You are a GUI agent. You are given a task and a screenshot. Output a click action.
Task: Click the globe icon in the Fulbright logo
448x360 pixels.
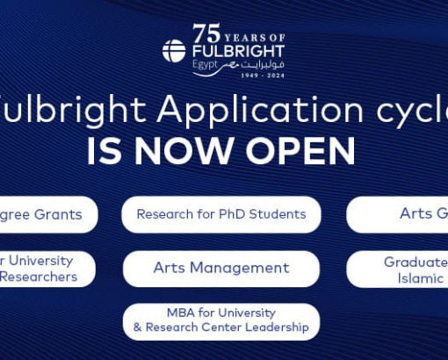[174, 51]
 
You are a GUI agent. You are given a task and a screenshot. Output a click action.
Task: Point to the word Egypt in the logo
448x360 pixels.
[203, 65]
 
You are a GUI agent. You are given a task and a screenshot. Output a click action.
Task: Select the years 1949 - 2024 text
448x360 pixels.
[262, 76]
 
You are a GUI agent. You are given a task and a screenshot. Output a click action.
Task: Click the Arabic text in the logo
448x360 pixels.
[262, 64]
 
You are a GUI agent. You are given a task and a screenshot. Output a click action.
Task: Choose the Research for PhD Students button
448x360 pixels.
[221, 214]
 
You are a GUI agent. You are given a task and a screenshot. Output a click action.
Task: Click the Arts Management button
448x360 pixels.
[221, 268]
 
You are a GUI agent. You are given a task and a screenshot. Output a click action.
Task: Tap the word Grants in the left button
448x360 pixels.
[58, 214]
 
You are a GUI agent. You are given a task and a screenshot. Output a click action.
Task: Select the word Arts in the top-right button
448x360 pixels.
[414, 213]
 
